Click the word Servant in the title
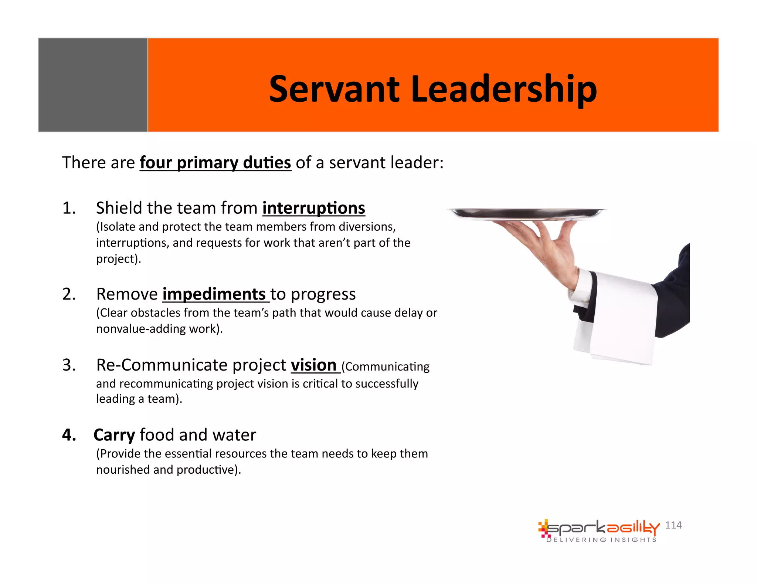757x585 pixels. click(334, 89)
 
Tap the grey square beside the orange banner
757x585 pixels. click(93, 85)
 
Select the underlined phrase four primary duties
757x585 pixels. click(215, 163)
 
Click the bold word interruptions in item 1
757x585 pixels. click(313, 208)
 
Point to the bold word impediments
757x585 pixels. click(214, 294)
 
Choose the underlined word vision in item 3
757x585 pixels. click(313, 365)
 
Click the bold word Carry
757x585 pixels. click(114, 435)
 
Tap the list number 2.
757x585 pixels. click(69, 294)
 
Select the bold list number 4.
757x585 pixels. click(69, 435)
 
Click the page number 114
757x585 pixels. click(673, 525)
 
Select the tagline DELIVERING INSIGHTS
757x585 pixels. click(601, 540)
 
